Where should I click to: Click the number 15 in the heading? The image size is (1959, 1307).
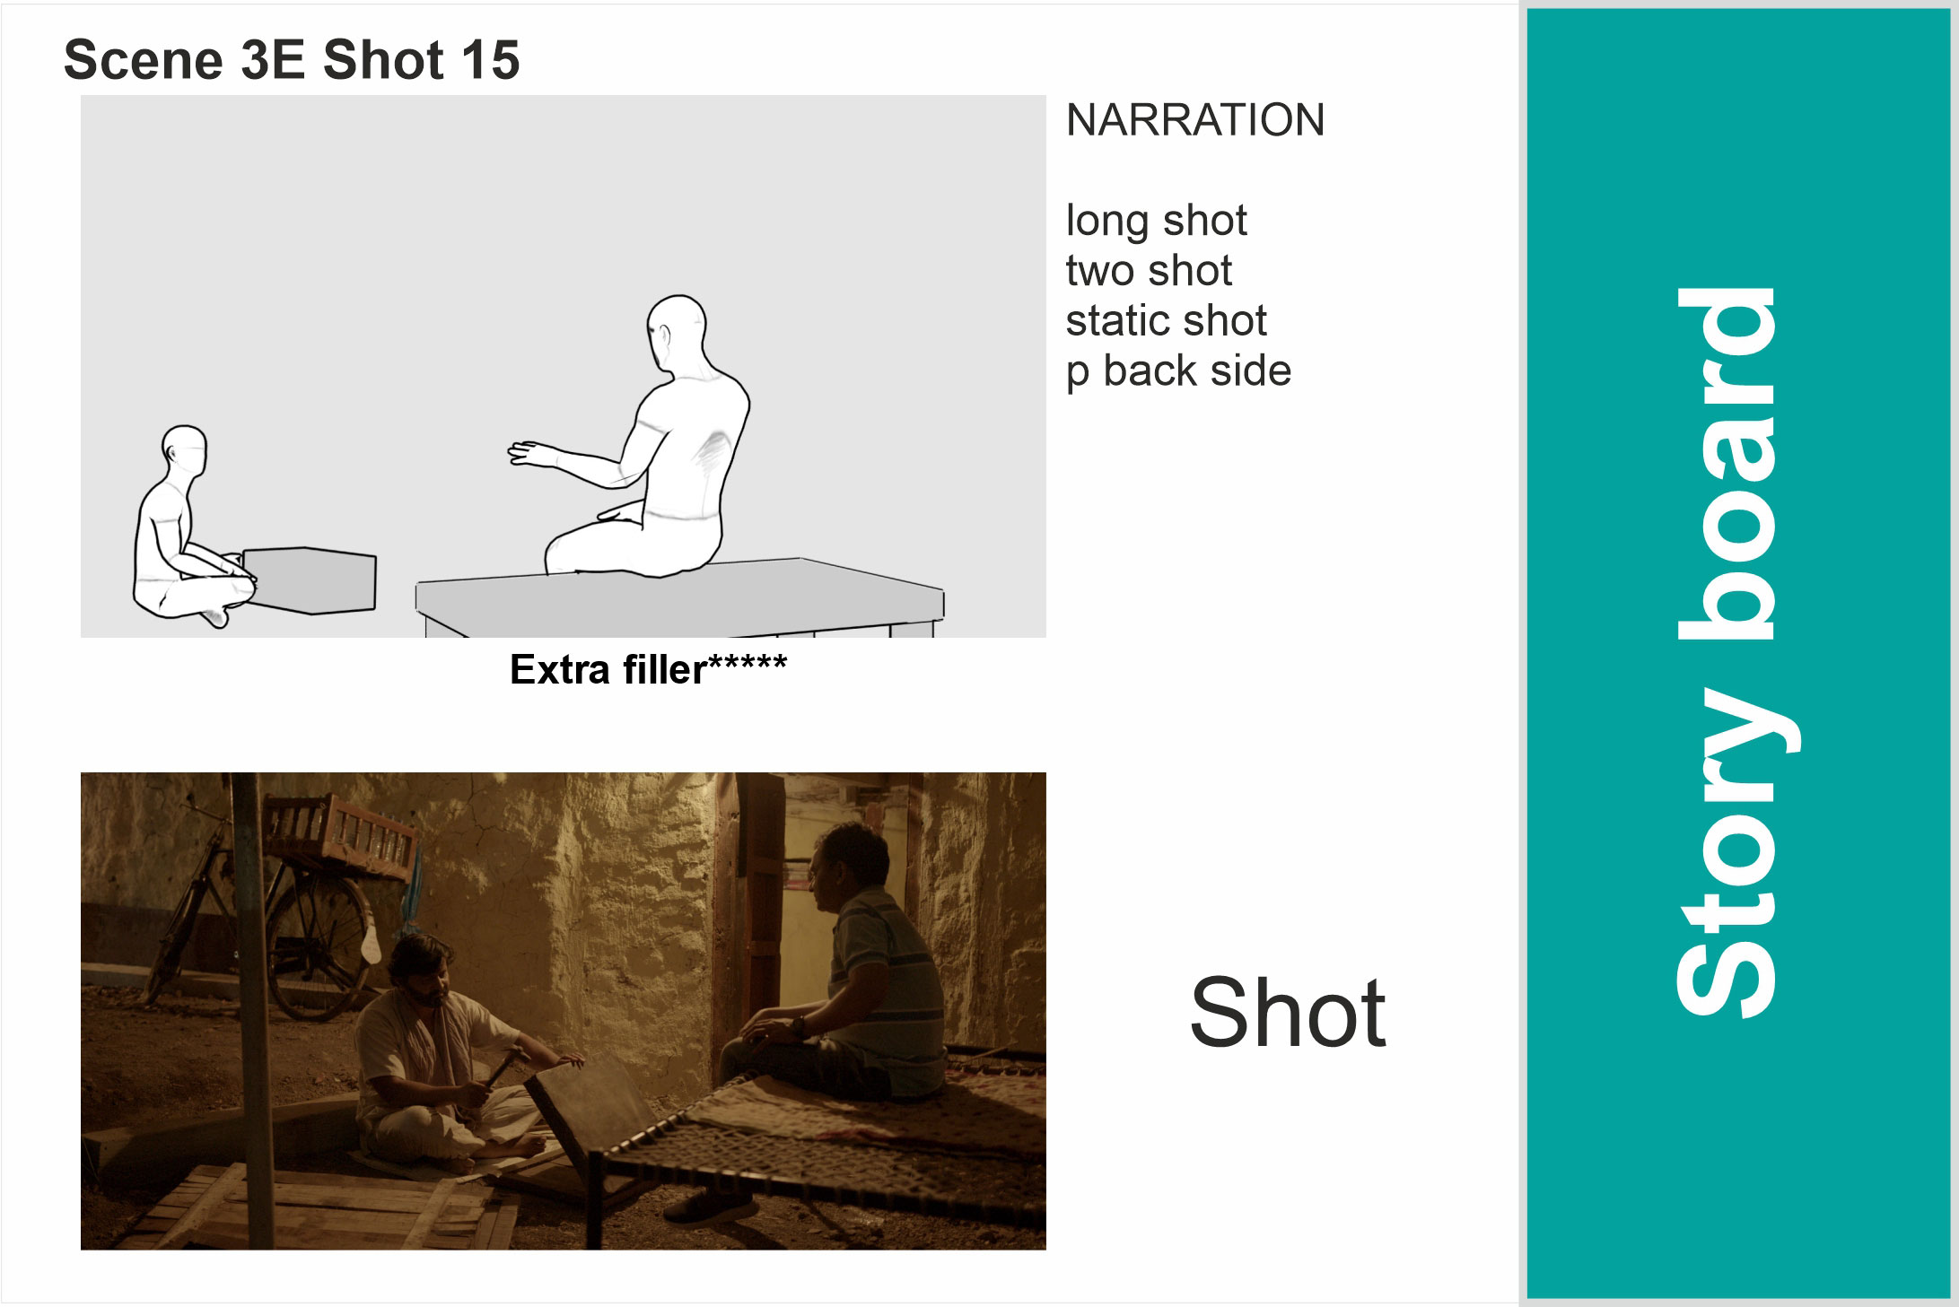coord(490,60)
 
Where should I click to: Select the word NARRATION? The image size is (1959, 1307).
coord(1195,120)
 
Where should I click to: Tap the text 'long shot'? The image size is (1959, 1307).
coord(1156,222)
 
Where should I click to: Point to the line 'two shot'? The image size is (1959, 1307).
coord(1149,270)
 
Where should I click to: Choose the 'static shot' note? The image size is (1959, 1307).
coord(1166,320)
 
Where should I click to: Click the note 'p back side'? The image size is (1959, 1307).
coord(1178,371)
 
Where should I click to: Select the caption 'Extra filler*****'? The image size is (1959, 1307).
coord(648,669)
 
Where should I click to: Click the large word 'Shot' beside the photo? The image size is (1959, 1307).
coord(1288,1013)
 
